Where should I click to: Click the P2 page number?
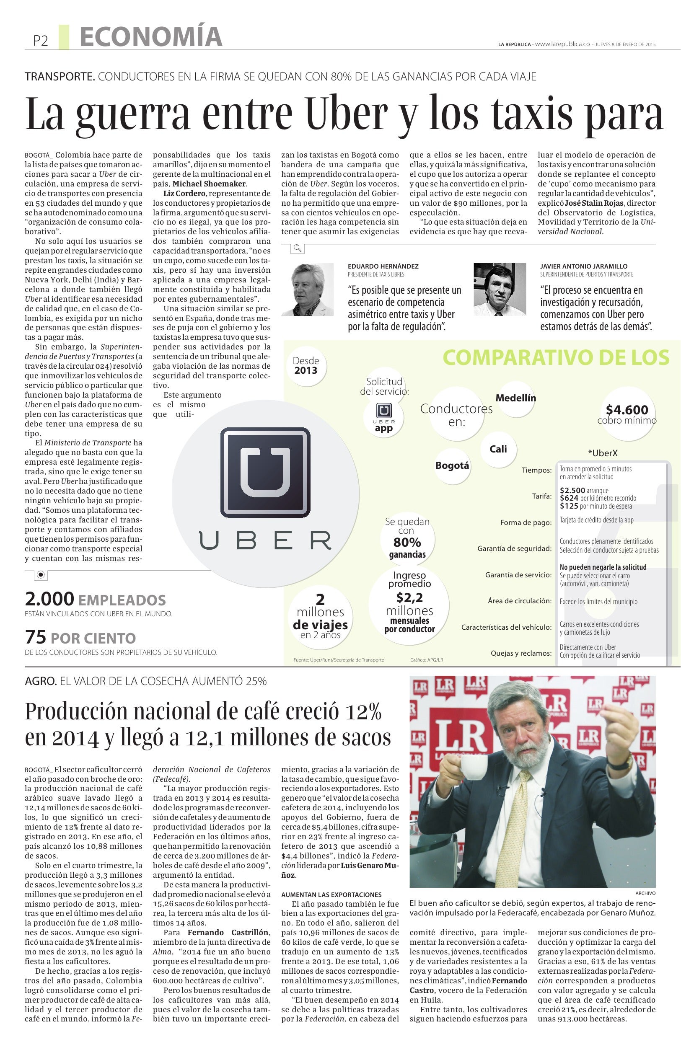41,41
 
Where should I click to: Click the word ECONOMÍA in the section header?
151,37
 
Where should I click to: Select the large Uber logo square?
265,472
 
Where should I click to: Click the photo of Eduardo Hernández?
308,290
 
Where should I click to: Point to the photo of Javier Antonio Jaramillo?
500,290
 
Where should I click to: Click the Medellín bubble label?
515,398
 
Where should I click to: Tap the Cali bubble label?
498,449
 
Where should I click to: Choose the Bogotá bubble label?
452,466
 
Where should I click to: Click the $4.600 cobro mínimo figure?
627,410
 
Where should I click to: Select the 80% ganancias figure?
407,543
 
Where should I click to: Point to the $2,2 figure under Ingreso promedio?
409,597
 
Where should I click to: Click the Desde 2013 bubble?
306,366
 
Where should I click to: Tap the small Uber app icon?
383,411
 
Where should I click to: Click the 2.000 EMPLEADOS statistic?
95,600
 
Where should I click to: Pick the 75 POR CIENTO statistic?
80,637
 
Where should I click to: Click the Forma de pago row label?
526,522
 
